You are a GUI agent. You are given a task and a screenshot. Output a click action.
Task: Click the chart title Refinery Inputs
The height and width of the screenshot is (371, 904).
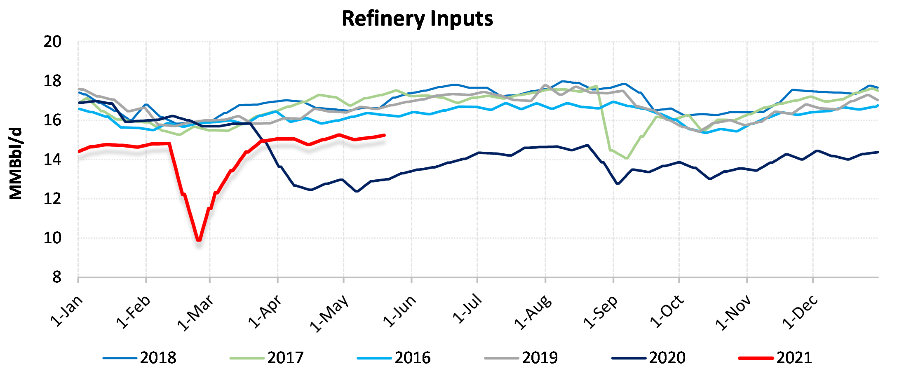[417, 19]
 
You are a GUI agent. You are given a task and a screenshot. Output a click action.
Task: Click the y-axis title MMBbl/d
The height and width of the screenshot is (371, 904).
[16, 164]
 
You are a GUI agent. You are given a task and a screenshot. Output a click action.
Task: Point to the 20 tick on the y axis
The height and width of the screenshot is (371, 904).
[52, 42]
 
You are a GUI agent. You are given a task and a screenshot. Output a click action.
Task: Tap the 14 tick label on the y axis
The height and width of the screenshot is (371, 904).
[52, 160]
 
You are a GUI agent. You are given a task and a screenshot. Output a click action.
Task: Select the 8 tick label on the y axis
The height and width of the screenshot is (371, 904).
[57, 277]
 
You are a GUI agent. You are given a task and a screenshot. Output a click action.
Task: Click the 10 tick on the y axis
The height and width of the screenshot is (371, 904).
[52, 238]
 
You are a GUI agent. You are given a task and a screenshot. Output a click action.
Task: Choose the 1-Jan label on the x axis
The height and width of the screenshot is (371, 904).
[66, 311]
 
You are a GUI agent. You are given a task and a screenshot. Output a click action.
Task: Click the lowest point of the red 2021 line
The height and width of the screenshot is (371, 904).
[199, 240]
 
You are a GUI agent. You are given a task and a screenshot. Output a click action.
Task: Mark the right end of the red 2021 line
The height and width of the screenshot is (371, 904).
[384, 135]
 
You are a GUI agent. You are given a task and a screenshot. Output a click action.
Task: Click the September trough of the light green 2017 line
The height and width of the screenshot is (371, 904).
[627, 158]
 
